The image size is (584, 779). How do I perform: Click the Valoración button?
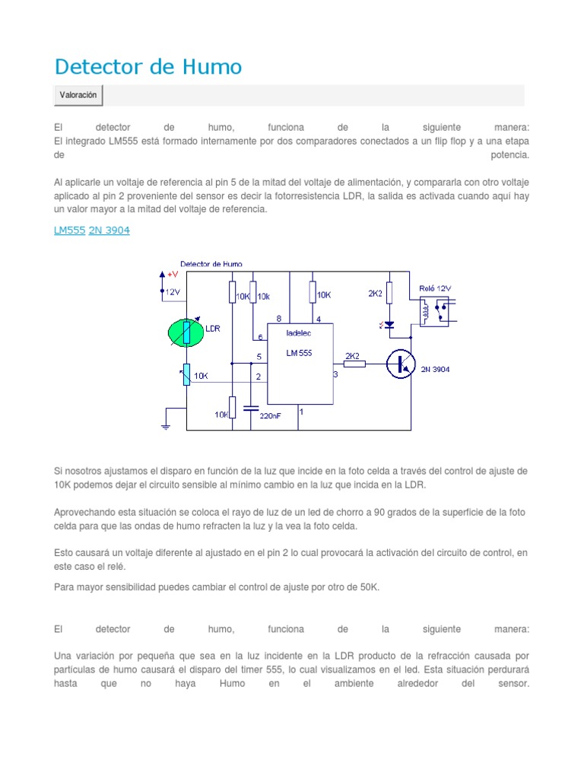pos(78,95)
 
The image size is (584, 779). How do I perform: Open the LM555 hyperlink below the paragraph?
pos(69,231)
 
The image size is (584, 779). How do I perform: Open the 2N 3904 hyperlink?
pos(109,231)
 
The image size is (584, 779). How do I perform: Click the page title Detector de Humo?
pos(148,67)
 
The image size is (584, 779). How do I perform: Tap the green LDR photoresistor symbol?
pos(186,331)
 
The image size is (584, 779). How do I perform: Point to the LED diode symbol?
pos(389,325)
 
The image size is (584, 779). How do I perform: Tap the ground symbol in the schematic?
pos(165,426)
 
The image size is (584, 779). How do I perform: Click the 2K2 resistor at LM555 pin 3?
pos(354,364)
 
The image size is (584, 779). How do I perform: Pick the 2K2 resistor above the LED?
pos(389,293)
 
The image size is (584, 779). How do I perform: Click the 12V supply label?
pos(173,291)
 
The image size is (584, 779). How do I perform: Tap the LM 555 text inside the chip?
pos(299,353)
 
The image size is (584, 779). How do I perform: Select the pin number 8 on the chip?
pos(279,318)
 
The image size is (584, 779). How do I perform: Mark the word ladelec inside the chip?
pos(299,332)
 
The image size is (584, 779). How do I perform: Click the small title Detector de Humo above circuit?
pos(211,264)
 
